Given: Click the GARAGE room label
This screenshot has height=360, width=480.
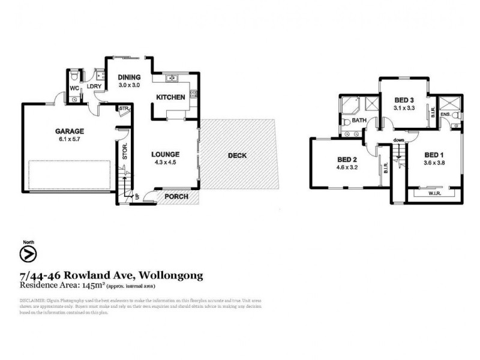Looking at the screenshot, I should coord(70,131).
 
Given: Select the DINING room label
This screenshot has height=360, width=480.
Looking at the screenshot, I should coord(129,77).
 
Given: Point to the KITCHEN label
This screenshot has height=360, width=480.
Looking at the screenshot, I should coord(170,97).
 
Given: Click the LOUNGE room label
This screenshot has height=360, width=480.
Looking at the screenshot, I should coord(166,154).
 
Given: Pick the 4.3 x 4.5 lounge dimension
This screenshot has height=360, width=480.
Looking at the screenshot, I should coord(166,163).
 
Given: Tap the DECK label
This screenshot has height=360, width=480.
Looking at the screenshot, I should coord(238,155).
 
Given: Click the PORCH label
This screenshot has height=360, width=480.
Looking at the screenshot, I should coord(176,197).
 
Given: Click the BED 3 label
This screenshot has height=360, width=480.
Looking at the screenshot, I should coord(404,100).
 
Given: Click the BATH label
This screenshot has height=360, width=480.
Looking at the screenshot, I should coord(359,121).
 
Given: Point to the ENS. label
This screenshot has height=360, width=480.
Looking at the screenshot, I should coord(446,114).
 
